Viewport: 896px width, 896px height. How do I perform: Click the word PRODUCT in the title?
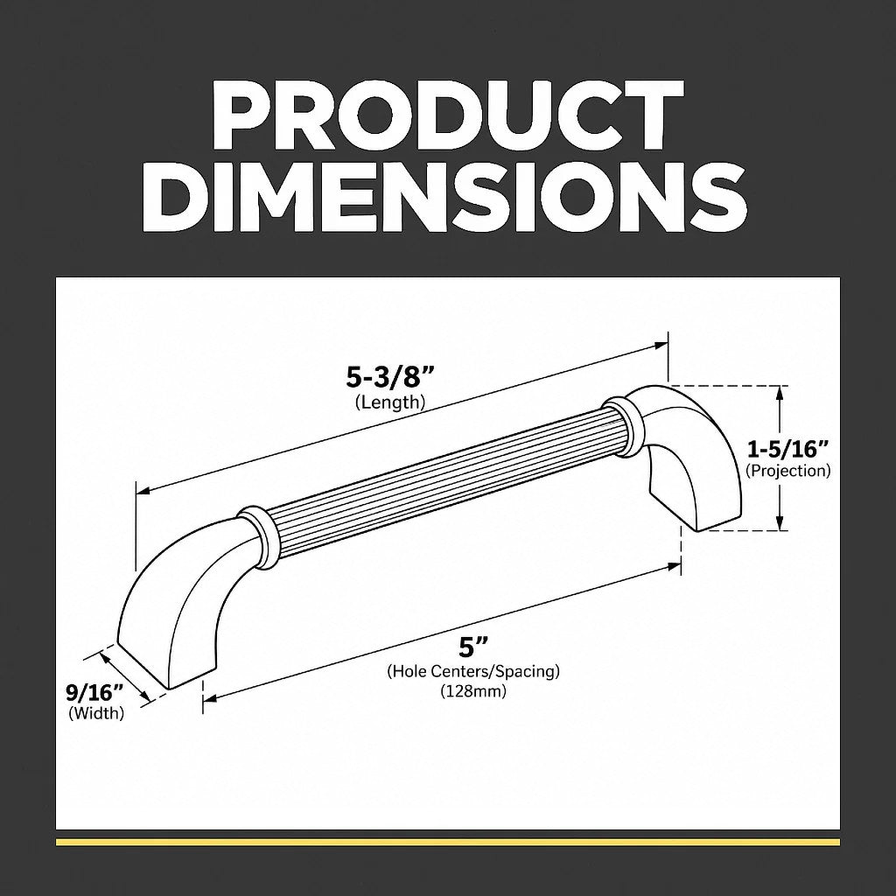tap(447, 115)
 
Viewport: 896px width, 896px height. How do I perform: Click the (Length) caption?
tap(390, 402)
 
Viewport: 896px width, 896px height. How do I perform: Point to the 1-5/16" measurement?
tap(788, 449)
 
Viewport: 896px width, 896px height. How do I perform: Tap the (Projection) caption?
tap(788, 471)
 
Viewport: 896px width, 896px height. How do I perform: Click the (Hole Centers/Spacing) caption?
tap(473, 671)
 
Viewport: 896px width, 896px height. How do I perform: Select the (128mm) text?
tap(473, 691)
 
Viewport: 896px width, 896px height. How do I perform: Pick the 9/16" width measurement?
tap(94, 693)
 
